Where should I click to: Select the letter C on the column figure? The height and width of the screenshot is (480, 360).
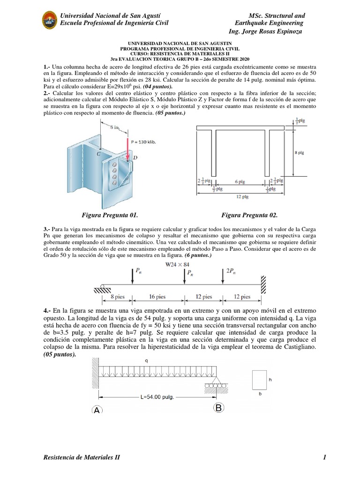pos(98,153)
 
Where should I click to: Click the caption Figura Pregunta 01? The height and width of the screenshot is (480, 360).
pos(110,215)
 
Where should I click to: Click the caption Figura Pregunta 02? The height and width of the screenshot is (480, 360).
pos(249,215)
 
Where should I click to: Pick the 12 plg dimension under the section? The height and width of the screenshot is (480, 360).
pos(242,197)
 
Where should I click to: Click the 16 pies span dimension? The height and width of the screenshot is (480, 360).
pos(157,297)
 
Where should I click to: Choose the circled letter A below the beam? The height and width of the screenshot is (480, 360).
pos(97,410)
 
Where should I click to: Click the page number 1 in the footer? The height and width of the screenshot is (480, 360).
pos(323,457)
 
